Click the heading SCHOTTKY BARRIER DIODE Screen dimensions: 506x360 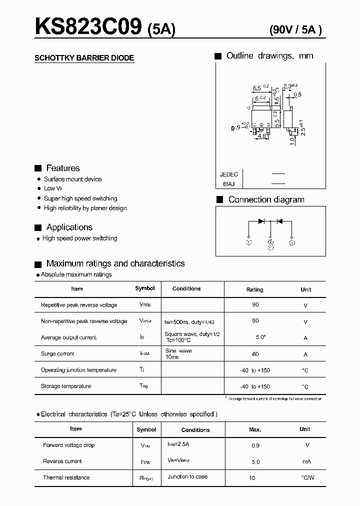tap(84, 58)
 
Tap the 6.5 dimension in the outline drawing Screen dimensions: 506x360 tap(257, 88)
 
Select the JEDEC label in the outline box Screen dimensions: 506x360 tap(228, 174)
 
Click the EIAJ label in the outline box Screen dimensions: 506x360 tap(229, 184)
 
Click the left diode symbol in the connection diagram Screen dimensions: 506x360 tap(261, 221)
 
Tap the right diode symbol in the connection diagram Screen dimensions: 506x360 tap(279, 221)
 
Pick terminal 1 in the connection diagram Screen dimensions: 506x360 tap(249, 242)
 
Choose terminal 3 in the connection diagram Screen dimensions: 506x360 tap(292, 242)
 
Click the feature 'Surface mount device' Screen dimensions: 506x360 tap(72, 179)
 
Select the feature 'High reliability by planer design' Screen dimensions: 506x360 tap(85, 208)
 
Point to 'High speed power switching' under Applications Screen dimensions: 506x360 tap(80, 238)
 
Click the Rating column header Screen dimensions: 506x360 tap(255, 289)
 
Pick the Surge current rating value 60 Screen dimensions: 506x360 tap(255, 354)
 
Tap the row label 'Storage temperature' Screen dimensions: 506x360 tap(66, 386)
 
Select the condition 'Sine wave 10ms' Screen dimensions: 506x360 tap(178, 354)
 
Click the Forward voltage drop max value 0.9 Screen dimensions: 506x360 tap(255, 445)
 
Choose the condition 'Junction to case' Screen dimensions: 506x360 tap(187, 476)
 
